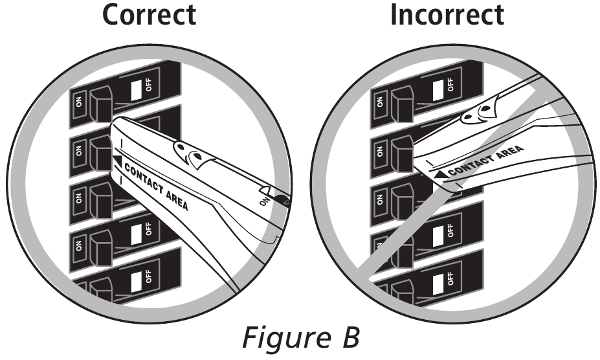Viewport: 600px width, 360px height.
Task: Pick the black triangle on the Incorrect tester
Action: tap(440, 173)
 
